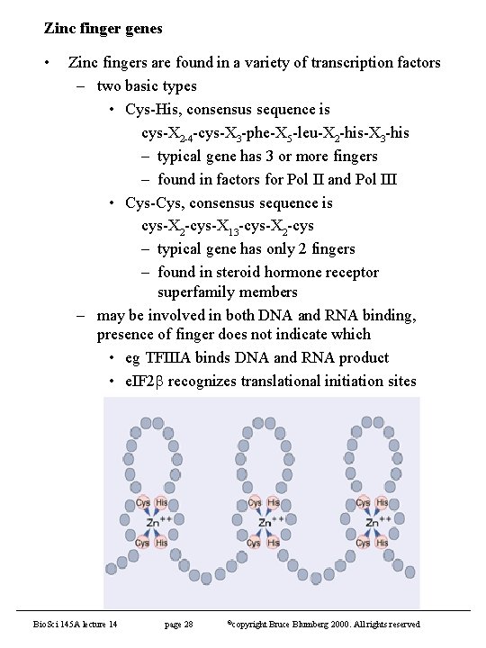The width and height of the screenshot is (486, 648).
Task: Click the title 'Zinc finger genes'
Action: tap(103, 28)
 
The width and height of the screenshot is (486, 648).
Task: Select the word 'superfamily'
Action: tap(196, 292)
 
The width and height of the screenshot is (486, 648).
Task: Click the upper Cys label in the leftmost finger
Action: tap(142, 502)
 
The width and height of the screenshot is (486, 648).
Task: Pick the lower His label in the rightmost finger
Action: tap(382, 543)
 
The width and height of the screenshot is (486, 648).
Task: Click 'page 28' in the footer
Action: tap(179, 625)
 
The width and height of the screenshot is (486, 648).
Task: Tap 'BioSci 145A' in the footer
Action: tap(55, 625)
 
